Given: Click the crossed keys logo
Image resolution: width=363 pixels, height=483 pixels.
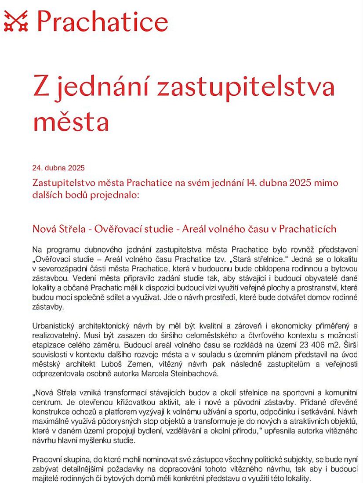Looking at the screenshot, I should coord(15,21).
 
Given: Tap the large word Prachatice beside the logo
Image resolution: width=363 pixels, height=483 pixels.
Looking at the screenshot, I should coord(102,21).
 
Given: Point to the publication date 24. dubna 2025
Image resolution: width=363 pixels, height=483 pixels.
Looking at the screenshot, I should coord(58,168).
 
